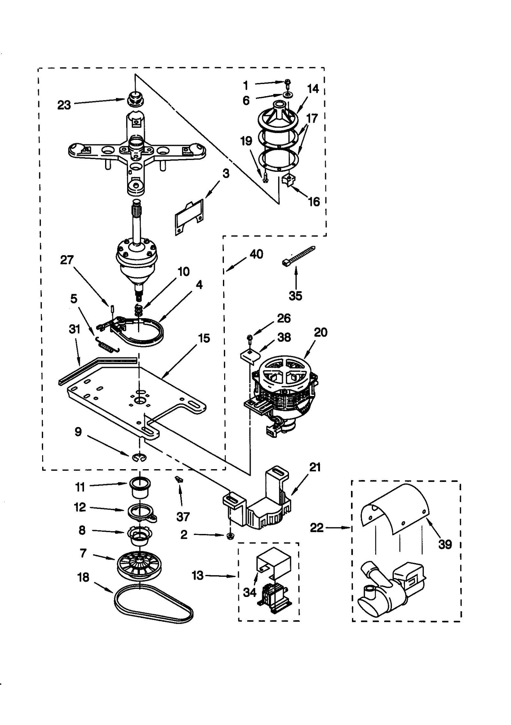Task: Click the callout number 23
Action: pyautogui.click(x=64, y=105)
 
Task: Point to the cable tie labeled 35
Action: pyautogui.click(x=298, y=255)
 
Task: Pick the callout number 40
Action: pyautogui.click(x=256, y=254)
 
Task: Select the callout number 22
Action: pyautogui.click(x=317, y=528)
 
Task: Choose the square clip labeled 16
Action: pyautogui.click(x=288, y=180)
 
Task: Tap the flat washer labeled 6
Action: pyautogui.click(x=288, y=95)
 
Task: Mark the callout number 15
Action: pyautogui.click(x=204, y=338)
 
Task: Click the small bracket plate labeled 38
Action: pyautogui.click(x=250, y=355)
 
